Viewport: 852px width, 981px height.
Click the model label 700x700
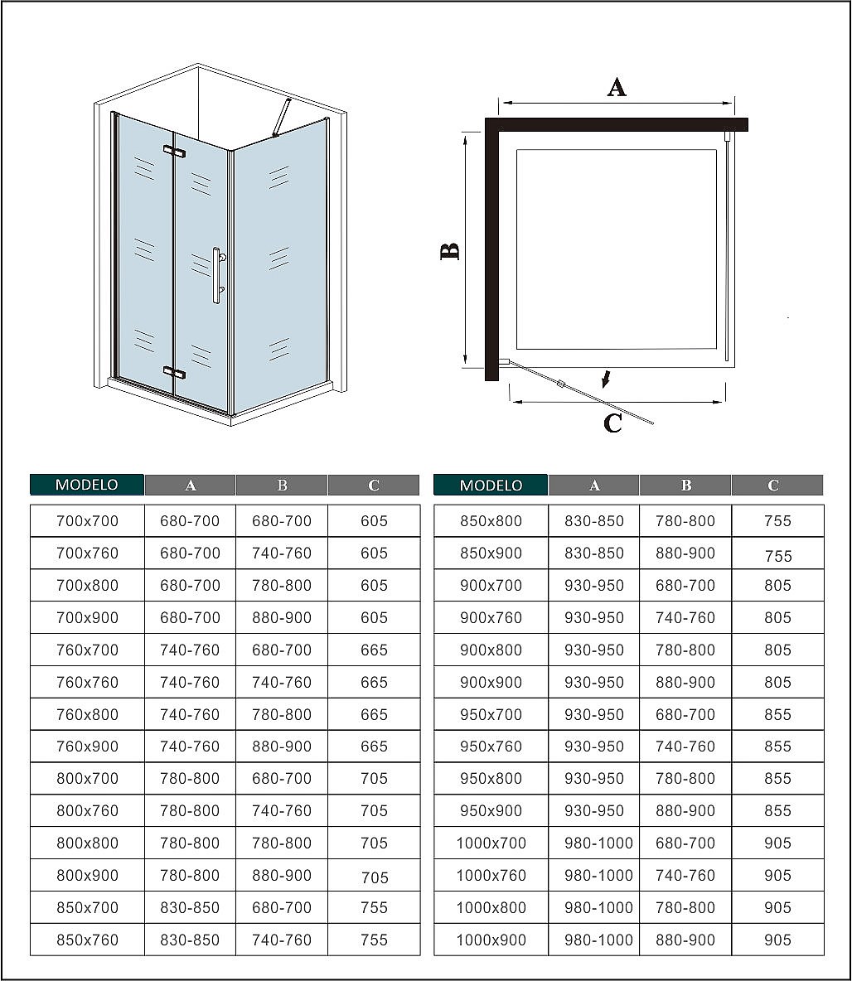[87, 521]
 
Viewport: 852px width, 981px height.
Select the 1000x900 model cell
[491, 940]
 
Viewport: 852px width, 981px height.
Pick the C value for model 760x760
[374, 682]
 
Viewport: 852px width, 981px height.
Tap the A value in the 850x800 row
[593, 521]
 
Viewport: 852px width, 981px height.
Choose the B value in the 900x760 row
[685, 617]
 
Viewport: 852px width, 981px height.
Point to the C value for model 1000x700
[777, 843]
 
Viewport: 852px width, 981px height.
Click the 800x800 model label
[87, 843]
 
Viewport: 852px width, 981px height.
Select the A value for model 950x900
[593, 810]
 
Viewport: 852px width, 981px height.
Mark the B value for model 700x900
[282, 617]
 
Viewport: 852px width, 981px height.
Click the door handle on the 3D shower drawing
[217, 275]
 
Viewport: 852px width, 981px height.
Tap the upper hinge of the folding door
[174, 151]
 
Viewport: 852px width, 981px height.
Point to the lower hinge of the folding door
[174, 372]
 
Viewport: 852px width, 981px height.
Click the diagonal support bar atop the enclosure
[282, 117]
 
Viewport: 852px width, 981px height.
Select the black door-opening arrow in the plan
[607, 379]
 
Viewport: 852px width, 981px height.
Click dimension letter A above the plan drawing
[617, 87]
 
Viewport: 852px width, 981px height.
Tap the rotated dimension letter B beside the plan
[449, 251]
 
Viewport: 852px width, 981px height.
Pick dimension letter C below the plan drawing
[612, 423]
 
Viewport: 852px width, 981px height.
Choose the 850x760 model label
[87, 940]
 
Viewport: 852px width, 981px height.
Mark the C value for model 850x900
[777, 555]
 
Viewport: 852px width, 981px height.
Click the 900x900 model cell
[491, 682]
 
